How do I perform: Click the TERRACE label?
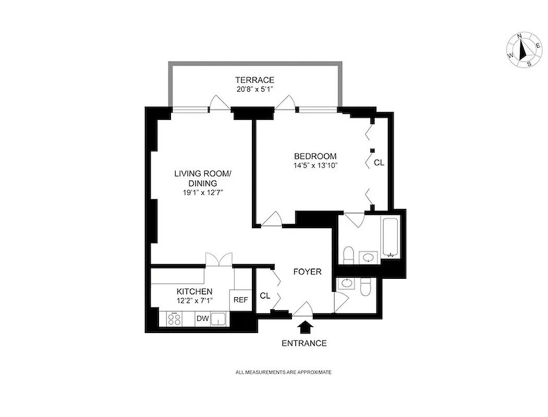tap(254, 80)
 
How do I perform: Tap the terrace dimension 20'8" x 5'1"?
tap(254, 89)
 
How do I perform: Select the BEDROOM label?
tap(315, 156)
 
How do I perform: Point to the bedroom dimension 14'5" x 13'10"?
tap(315, 165)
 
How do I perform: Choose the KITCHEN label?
tap(194, 291)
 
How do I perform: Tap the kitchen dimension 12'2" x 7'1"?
tap(194, 301)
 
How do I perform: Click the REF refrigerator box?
tap(240, 300)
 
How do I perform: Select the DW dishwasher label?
tap(202, 318)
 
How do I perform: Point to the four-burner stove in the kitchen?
tap(176, 318)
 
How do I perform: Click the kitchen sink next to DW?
tap(220, 318)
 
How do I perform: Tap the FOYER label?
tap(307, 272)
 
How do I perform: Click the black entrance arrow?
tap(305, 327)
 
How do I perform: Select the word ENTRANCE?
tap(304, 343)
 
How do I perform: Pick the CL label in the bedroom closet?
tap(379, 163)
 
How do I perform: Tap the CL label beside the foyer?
tap(265, 296)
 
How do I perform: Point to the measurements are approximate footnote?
tap(284, 372)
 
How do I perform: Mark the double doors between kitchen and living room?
tap(218, 259)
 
